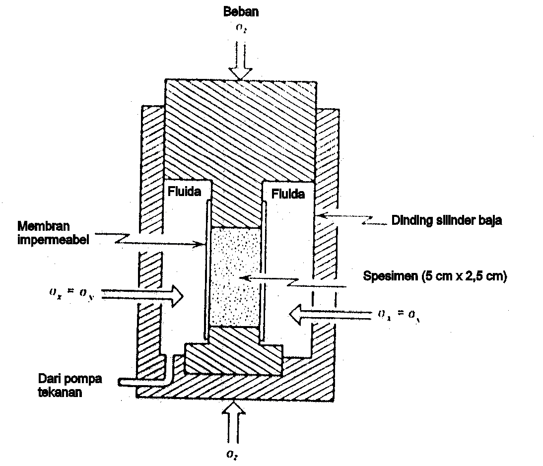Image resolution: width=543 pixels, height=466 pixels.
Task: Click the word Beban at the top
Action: (241, 12)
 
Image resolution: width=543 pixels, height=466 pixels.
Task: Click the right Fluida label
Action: (288, 194)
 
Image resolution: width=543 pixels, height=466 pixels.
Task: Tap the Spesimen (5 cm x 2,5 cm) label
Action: (434, 277)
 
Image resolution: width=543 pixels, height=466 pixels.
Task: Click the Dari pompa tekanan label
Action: (69, 385)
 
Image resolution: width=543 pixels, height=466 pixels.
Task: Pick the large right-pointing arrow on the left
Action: (142, 296)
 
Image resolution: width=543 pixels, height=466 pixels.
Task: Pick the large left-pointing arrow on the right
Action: (330, 313)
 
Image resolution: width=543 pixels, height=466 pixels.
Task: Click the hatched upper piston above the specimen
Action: (237, 149)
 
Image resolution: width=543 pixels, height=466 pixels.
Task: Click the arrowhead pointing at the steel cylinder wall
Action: (320, 215)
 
